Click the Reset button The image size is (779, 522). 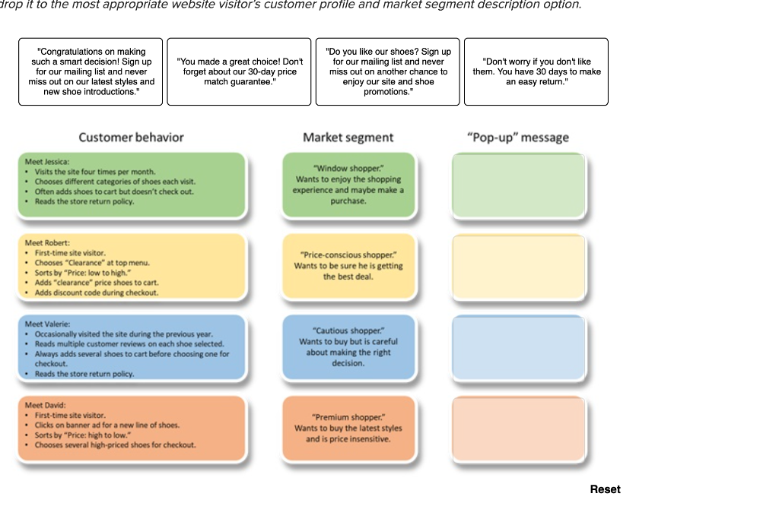(605, 489)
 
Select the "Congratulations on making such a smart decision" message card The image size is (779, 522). (91, 71)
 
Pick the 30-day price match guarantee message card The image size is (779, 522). (239, 71)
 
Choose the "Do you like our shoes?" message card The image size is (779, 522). (388, 71)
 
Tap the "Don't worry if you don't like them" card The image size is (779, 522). (536, 71)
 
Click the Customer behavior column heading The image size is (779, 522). (131, 138)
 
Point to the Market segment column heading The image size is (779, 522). (348, 138)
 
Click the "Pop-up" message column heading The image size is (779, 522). (518, 138)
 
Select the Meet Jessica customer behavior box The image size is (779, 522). (132, 185)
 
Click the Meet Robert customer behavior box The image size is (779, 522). (132, 266)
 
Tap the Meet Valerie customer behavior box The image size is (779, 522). (132, 347)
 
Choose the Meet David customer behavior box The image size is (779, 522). (132, 428)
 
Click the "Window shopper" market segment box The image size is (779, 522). (348, 185)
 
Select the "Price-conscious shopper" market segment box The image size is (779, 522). (348, 266)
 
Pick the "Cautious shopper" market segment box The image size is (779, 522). (348, 347)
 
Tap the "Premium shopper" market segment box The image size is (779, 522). (348, 428)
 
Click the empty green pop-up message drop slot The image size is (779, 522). (519, 185)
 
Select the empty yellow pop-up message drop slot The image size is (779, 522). (519, 266)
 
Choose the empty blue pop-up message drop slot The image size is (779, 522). (519, 347)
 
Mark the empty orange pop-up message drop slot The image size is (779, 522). (519, 428)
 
